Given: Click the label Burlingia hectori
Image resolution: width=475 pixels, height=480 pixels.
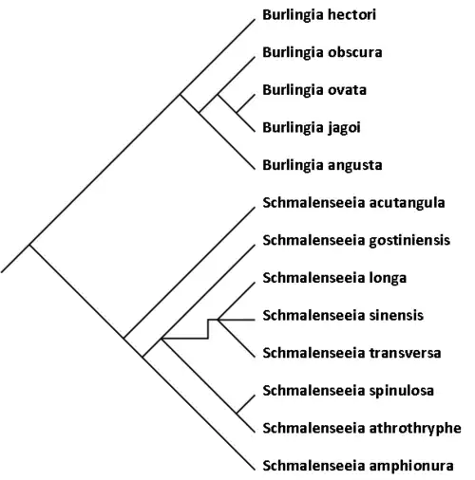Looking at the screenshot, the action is coord(319,15).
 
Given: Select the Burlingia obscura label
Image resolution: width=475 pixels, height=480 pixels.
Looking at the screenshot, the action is coord(322,52).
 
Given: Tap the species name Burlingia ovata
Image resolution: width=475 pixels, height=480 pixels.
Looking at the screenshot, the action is coord(314,90).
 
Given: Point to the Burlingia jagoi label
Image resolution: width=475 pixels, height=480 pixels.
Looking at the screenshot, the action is coord(312,128).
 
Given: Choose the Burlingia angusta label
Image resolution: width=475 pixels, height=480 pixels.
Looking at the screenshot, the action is coord(322,165).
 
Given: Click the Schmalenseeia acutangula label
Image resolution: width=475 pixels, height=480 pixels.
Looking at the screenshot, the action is coord(353,203).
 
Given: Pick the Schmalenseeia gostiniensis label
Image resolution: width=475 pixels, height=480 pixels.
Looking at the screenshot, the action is coord(356,240).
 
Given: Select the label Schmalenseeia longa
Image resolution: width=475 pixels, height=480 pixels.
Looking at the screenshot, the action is coord(334,278).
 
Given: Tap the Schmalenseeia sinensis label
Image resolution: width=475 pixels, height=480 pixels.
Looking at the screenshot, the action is coord(343,316).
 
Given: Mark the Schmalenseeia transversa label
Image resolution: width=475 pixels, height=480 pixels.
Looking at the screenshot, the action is coord(351,353).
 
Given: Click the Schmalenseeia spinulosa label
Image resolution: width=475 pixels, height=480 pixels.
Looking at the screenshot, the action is coord(348,391).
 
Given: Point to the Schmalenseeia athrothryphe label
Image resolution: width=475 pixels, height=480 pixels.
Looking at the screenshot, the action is coord(362,429).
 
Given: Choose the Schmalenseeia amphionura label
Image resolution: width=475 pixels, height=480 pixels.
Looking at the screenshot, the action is coord(358,466).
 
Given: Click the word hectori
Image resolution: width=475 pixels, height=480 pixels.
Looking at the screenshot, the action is coord(352,14).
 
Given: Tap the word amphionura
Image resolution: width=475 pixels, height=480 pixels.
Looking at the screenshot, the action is coord(411,466).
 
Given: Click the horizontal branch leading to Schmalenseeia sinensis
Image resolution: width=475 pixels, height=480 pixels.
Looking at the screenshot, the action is coord(237,320).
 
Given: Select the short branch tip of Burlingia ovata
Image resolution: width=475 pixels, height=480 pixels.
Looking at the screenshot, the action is coord(246,103).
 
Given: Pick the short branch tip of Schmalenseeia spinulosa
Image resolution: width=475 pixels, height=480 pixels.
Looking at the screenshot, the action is coord(246,404).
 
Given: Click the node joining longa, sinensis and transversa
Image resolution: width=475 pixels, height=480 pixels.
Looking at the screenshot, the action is coord(218,320).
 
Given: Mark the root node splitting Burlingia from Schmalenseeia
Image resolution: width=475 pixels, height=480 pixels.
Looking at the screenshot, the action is coord(29,245).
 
